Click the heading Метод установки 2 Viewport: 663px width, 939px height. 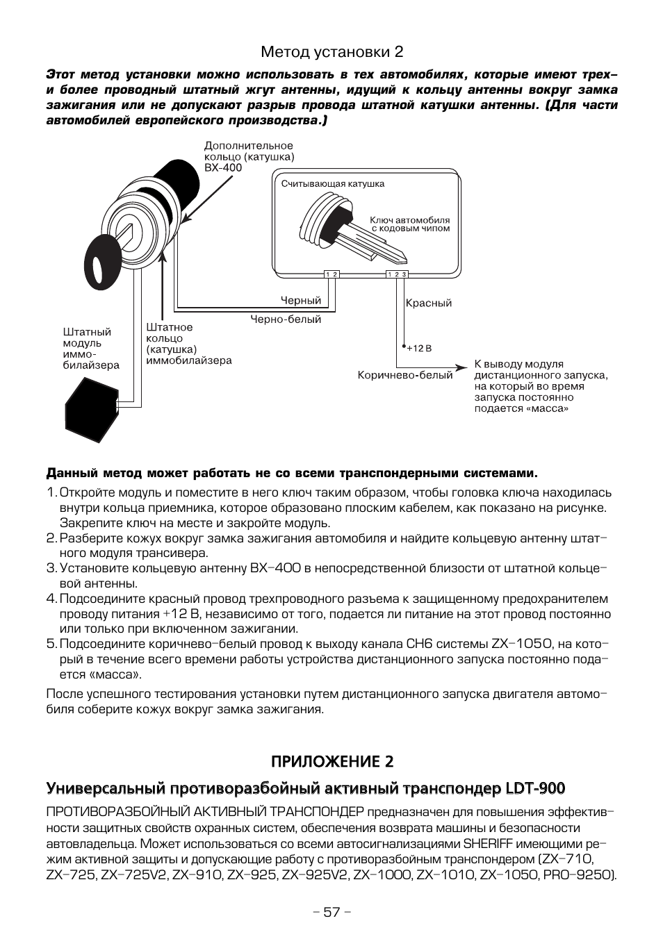331,52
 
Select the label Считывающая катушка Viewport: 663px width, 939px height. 332,184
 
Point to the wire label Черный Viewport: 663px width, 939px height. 300,301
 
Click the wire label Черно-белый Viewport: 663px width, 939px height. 286,319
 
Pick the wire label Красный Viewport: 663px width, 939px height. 428,303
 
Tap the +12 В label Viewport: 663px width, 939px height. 420,348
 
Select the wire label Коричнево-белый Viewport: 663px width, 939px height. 405,375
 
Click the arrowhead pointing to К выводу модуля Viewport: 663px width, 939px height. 462,366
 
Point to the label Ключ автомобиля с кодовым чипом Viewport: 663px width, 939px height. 409,224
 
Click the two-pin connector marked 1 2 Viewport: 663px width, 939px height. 331,274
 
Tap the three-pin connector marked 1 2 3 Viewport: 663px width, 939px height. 397,274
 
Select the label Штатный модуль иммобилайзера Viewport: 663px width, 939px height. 91,349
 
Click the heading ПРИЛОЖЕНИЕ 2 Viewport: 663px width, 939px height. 331,761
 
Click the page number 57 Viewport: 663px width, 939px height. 331,912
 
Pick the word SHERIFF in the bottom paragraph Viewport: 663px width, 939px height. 487,844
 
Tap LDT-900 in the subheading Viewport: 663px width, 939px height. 535,788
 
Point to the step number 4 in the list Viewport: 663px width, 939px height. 51,599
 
